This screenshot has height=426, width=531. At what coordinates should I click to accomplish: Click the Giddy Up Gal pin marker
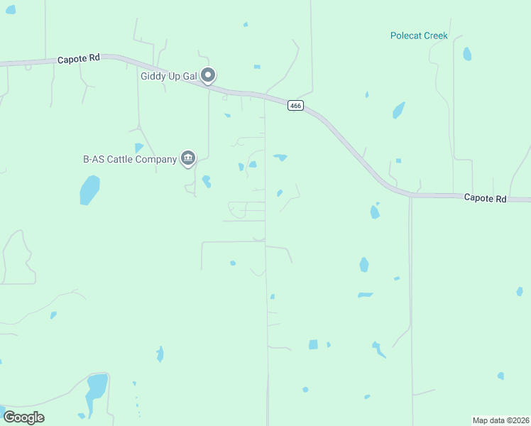[x=208, y=75]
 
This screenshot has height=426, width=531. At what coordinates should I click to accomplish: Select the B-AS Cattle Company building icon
[x=188, y=158]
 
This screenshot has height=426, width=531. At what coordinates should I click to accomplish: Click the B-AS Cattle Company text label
[x=130, y=159]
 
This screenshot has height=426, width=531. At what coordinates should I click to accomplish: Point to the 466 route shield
[x=296, y=106]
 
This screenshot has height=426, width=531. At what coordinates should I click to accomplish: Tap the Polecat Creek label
[x=419, y=35]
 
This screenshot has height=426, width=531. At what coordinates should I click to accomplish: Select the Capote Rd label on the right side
[x=486, y=199]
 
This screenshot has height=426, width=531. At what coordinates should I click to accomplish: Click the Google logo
[x=23, y=417]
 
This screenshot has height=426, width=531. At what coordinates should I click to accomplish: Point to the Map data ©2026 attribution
[x=500, y=420]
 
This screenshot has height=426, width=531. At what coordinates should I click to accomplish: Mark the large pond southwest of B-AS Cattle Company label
[x=89, y=190]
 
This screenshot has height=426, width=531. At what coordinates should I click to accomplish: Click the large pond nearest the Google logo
[x=96, y=388]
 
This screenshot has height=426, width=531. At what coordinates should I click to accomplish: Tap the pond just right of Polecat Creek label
[x=466, y=54]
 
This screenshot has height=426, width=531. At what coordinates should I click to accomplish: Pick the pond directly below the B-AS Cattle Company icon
[x=206, y=181]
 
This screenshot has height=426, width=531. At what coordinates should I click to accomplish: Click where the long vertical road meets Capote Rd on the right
[x=410, y=196]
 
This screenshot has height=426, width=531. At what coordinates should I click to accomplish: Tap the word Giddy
[x=155, y=75]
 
